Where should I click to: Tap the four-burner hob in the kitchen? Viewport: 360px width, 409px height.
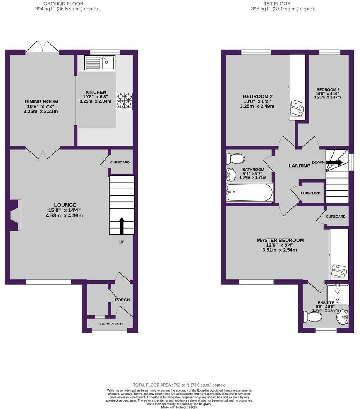click(x=124, y=101)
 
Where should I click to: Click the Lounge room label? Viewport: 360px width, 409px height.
click(x=65, y=205)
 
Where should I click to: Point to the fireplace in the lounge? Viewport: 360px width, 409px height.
click(x=14, y=215)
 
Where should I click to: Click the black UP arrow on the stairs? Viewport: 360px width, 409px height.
click(x=122, y=226)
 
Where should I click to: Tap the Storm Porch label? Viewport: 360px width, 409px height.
click(x=110, y=324)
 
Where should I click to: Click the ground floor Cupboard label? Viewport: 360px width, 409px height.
click(x=120, y=162)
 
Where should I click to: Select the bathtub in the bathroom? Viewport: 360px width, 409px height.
click(x=250, y=192)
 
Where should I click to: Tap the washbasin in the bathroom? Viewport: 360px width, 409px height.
click(x=231, y=175)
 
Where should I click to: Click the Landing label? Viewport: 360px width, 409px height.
click(x=300, y=166)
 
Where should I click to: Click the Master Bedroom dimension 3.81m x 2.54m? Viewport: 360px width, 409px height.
click(x=280, y=250)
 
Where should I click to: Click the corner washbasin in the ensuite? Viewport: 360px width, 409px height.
click(x=343, y=318)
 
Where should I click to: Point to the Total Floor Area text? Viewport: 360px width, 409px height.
click(x=179, y=385)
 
